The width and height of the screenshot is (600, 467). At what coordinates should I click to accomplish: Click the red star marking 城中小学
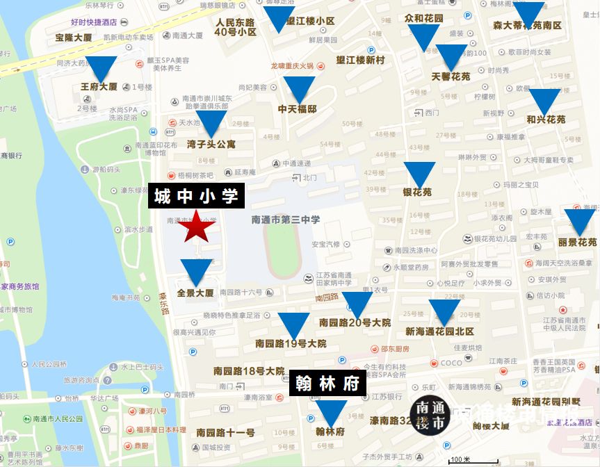pyautogui.click(x=195, y=227)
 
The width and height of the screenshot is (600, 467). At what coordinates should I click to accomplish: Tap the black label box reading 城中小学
pyautogui.click(x=196, y=197)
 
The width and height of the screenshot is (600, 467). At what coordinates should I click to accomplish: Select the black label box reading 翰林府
pyautogui.click(x=327, y=384)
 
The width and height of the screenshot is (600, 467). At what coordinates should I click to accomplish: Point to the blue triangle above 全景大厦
pyautogui.click(x=195, y=271)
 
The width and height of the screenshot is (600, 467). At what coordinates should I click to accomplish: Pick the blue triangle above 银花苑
pyautogui.click(x=419, y=173)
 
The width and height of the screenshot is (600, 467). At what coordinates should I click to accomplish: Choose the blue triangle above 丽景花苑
pyautogui.click(x=579, y=221)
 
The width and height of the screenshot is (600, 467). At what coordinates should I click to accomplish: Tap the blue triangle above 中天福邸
pyautogui.click(x=299, y=88)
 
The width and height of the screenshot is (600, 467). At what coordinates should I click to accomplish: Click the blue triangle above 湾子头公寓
pyautogui.click(x=211, y=122)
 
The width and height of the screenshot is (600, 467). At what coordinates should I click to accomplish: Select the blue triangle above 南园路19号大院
pyautogui.click(x=293, y=325)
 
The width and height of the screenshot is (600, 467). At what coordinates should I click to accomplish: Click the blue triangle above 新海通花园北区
pyautogui.click(x=444, y=311)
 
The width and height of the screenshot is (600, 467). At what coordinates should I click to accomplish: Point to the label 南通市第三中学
pyautogui.click(x=286, y=220)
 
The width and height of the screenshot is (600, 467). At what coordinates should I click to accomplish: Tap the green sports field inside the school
pyautogui.click(x=282, y=249)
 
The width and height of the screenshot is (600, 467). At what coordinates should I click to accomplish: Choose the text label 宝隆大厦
pyautogui.click(x=74, y=38)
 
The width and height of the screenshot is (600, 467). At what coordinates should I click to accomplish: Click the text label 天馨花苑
pyautogui.click(x=451, y=76)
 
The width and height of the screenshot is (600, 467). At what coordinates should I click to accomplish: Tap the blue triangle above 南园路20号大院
pyautogui.click(x=357, y=304)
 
